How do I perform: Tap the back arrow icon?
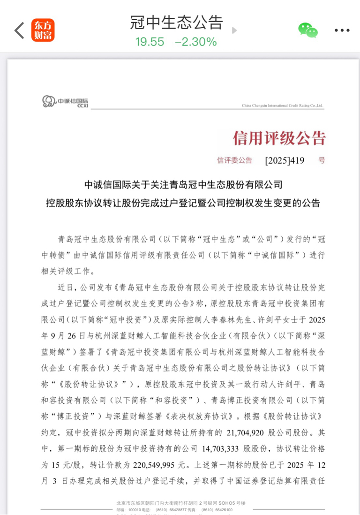point(19,30)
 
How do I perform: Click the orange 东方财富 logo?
point(43,30)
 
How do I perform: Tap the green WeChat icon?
point(308,30)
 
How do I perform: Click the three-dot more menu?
point(342,30)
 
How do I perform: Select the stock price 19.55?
point(150,42)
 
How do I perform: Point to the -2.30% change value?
point(196,42)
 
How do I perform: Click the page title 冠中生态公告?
point(176,23)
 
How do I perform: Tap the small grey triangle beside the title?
point(234,30)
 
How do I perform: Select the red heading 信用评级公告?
point(279,138)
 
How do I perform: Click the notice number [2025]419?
point(285,161)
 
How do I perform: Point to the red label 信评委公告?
point(234,160)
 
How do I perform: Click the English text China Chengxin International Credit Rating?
point(282,106)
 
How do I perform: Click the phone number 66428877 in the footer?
point(186,509)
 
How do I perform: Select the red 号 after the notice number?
point(322,160)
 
